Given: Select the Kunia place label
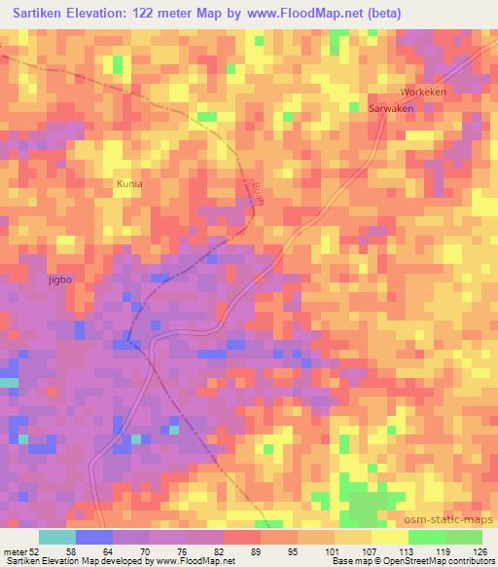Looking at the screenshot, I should click(129, 183).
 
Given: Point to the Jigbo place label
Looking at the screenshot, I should click(60, 280).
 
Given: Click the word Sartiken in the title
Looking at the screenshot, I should click(46, 14).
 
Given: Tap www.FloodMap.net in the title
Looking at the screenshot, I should click(302, 14).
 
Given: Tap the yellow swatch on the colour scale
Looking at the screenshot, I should click(390, 537).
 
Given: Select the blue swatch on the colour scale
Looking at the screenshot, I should click(93, 537).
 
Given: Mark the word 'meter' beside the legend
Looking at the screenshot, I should click(16, 550).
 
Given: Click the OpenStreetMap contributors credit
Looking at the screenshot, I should click(438, 561).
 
